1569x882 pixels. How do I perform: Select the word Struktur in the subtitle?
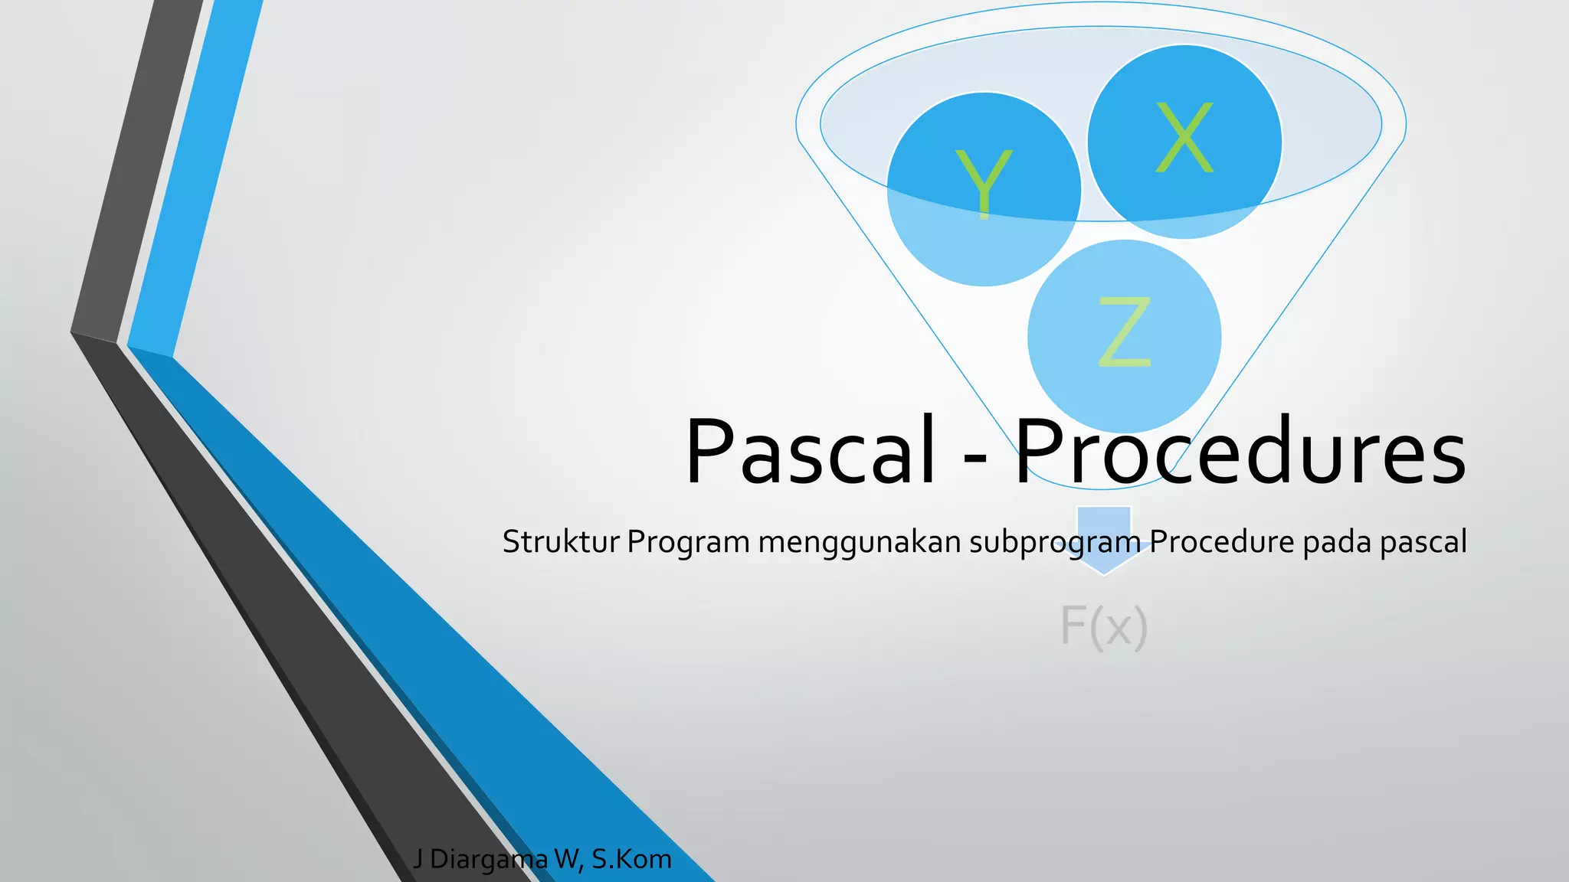pyautogui.click(x=561, y=542)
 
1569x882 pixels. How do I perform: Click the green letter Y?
pyautogui.click(x=984, y=184)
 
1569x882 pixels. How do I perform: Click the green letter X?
pyautogui.click(x=1184, y=138)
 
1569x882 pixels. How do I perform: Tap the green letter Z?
pyautogui.click(x=1125, y=332)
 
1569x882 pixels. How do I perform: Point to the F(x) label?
pyautogui.click(x=1103, y=626)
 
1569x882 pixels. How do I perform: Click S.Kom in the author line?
pyautogui.click(x=631, y=860)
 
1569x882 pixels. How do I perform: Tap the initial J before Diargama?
pyautogui.click(x=418, y=860)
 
